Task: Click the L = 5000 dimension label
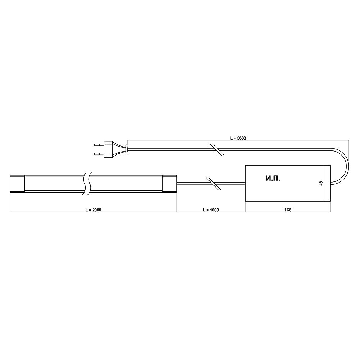(x=238, y=138)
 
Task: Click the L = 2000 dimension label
(x=93, y=210)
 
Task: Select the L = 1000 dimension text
(x=211, y=210)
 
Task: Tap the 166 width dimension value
(x=288, y=210)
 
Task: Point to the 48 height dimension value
(x=321, y=183)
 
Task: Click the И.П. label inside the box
(x=273, y=179)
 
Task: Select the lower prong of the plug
(x=99, y=154)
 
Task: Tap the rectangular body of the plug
(x=108, y=149)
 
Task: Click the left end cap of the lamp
(x=17, y=184)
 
